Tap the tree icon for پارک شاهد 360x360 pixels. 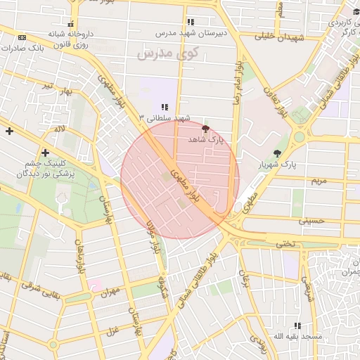click(x=205, y=129)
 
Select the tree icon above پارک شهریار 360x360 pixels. click(x=278, y=153)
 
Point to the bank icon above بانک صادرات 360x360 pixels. click(x=22, y=37)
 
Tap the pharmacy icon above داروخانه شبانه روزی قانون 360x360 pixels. click(x=70, y=21)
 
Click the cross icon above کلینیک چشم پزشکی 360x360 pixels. click(x=46, y=153)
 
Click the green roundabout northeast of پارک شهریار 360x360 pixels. click(x=300, y=136)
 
